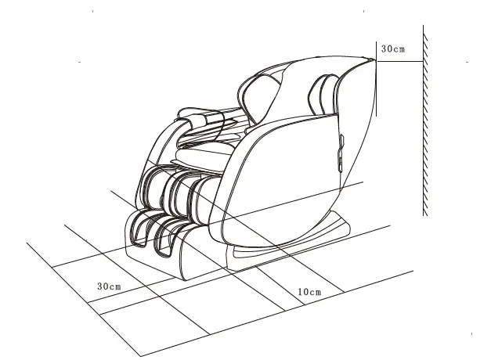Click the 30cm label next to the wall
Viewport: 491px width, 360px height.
[393, 49]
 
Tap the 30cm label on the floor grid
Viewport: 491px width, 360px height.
[109, 286]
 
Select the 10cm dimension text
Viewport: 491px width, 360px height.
[310, 292]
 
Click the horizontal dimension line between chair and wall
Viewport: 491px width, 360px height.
[399, 61]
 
